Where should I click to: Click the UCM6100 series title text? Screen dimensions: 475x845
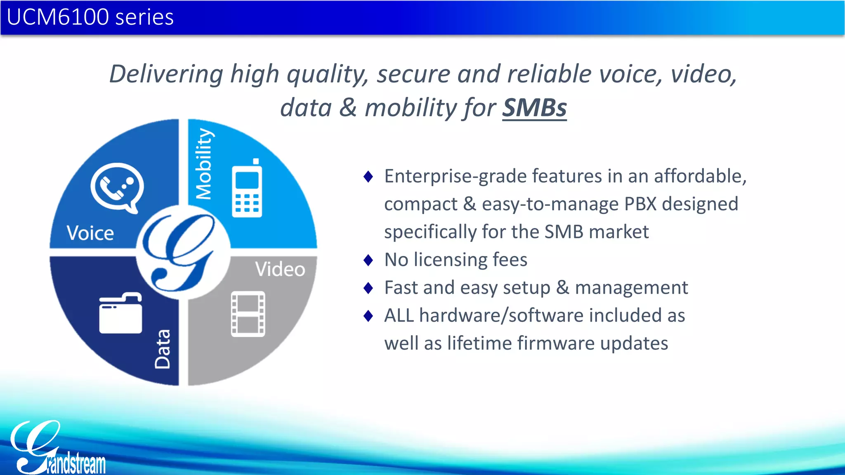[x=90, y=17]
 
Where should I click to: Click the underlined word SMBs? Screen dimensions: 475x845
[x=534, y=108]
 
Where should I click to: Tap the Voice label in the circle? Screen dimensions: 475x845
[x=90, y=233]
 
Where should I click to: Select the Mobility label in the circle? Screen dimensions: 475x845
[x=204, y=164]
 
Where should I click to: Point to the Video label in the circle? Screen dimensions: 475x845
[x=280, y=270]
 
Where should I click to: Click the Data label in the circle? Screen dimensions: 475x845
[x=163, y=349]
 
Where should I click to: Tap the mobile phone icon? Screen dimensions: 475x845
[x=247, y=189]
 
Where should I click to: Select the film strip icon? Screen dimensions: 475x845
[x=248, y=314]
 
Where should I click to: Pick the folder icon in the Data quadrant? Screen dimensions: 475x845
[x=120, y=313]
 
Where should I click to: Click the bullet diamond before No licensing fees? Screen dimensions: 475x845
[x=368, y=260]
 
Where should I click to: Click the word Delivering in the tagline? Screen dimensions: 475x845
[x=166, y=74]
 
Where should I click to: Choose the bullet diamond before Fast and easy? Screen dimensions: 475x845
[x=368, y=288]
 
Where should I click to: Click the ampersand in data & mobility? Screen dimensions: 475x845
[x=348, y=108]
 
